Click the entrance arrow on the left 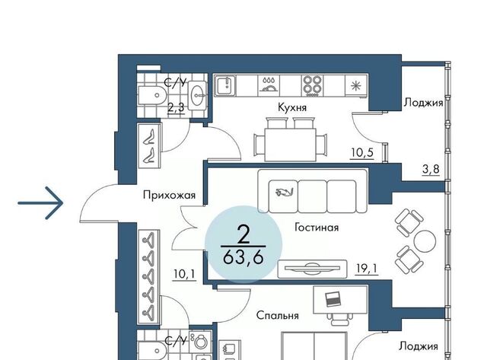[40, 203]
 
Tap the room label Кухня [292, 107]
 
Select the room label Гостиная [317, 228]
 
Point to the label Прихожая [169, 196]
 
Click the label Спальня [277, 315]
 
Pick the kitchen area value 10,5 [362, 153]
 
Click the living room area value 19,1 [367, 269]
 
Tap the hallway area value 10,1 [185, 274]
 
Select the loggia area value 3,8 [431, 169]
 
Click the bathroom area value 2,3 [176, 107]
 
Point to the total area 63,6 [243, 257]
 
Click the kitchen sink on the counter [226, 86]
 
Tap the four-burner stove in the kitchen [312, 86]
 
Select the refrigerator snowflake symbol [355, 85]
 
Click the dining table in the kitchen [290, 145]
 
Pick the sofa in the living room [313, 191]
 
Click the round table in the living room [425, 242]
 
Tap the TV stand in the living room [312, 269]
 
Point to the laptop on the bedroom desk [333, 299]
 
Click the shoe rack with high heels [150, 145]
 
